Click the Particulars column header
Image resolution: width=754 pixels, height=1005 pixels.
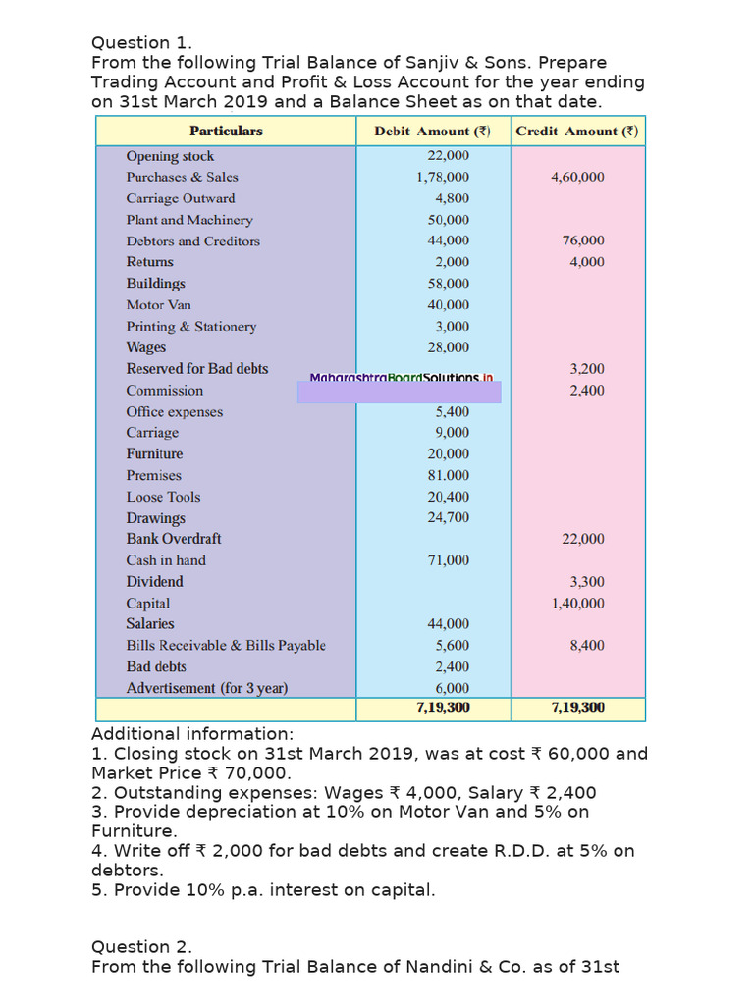coord(226,131)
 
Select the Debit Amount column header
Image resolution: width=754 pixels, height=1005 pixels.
coord(432,131)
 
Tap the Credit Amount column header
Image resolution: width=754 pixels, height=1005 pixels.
coord(577,131)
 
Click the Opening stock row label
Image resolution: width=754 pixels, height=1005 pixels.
coord(170,156)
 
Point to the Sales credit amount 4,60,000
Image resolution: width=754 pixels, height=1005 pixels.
coord(577,178)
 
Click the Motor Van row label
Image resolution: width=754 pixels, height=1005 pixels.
coord(159,305)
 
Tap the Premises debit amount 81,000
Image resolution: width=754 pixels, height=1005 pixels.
coord(448,475)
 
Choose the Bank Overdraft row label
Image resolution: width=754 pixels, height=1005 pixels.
coord(174,539)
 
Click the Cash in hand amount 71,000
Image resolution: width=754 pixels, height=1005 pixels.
coord(448,560)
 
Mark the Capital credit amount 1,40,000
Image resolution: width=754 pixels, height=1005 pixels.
coord(577,604)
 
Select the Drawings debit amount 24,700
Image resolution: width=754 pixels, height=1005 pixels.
coord(448,518)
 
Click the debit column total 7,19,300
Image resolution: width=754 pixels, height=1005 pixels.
coord(443,707)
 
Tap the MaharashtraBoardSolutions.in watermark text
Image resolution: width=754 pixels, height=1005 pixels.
coord(401,378)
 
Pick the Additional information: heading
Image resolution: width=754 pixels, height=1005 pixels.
coord(192,734)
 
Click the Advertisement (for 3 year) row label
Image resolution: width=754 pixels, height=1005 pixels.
coord(207,688)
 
